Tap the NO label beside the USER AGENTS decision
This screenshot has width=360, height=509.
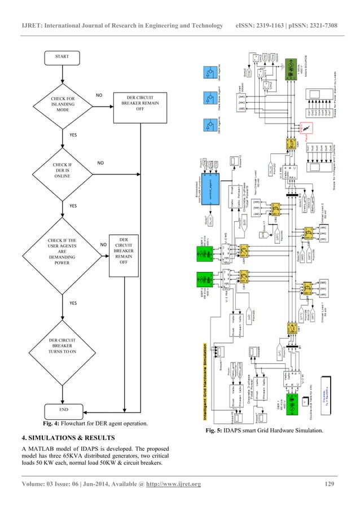coord(103,245)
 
